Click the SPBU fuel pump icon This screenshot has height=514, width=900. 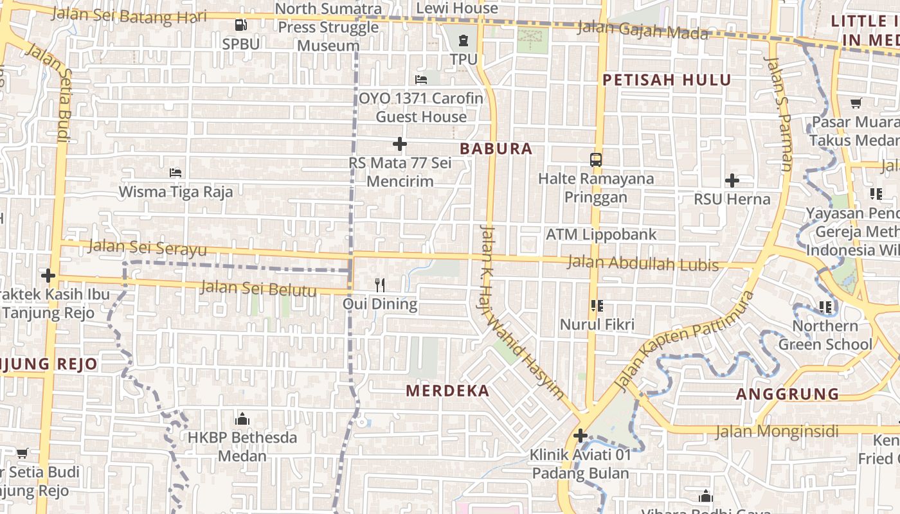241,25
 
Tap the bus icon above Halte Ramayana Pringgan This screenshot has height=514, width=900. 596,159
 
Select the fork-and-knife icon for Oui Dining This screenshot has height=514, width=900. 380,285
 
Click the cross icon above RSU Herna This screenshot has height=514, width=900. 732,181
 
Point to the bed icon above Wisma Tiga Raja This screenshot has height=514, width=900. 175,172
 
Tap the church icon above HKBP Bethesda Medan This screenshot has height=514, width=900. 242,419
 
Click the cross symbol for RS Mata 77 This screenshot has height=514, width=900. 400,144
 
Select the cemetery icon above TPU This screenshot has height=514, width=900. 464,41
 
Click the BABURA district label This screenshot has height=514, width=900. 496,149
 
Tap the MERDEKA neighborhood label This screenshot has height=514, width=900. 448,391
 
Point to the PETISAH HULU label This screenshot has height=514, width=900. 667,80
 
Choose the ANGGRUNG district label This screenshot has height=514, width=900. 788,394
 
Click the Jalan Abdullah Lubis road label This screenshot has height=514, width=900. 643,263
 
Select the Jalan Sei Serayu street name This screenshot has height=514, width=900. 148,247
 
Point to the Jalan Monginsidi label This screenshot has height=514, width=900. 777,431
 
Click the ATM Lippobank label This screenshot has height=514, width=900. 601,235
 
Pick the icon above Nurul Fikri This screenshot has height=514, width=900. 597,306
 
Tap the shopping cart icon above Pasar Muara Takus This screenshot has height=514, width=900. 856,103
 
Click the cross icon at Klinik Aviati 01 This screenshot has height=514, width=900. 580,436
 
